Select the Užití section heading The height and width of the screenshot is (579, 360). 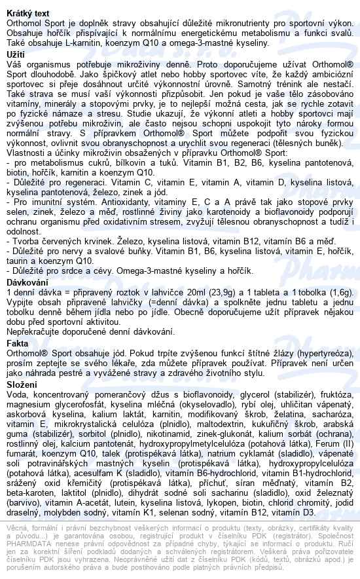click(x=15, y=54)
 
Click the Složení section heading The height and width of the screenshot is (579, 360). click(x=24, y=384)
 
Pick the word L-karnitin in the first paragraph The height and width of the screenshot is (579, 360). click(x=90, y=43)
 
